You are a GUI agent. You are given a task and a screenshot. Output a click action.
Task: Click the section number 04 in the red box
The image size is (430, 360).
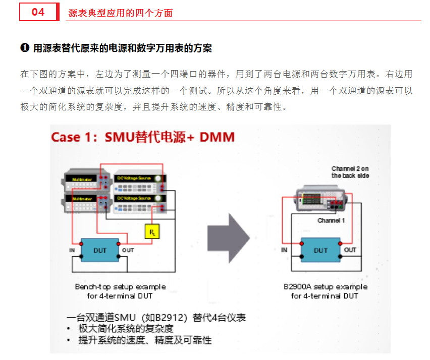[38, 12]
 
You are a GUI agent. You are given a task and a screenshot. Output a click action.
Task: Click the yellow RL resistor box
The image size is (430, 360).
[151, 231]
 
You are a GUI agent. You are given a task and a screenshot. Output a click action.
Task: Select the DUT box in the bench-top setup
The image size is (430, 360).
[100, 250]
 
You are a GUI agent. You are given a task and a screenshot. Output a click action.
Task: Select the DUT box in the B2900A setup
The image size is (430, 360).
[320, 250]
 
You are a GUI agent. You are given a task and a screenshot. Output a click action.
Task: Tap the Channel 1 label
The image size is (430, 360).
[331, 220]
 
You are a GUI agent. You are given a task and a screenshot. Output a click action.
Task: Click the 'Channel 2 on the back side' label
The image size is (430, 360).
[350, 172]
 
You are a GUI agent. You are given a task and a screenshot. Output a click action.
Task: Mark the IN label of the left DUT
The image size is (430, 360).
[72, 250]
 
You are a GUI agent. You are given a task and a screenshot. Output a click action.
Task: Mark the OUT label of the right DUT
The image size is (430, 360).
[350, 250]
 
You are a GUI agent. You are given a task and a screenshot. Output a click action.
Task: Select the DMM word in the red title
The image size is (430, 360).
[217, 137]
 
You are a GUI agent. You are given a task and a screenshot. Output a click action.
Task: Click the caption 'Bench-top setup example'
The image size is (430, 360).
[120, 287]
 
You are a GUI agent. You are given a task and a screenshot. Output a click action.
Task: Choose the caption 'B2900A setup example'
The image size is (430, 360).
[325, 287]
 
